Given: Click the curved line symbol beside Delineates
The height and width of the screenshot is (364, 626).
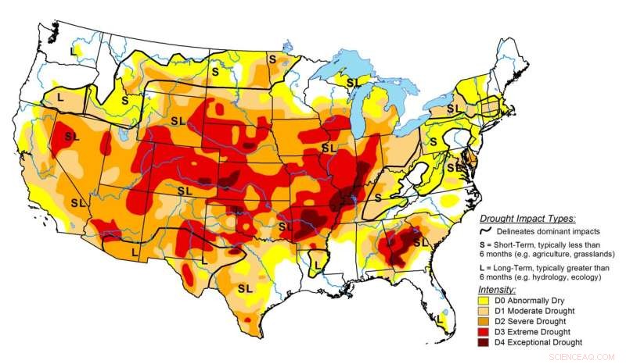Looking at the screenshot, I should [x=487, y=231].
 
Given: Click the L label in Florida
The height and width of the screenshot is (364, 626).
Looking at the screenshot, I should [x=441, y=319].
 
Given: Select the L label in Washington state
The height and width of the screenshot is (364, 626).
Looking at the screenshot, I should [x=74, y=51].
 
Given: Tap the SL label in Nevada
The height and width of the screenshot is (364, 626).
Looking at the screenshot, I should [x=72, y=136].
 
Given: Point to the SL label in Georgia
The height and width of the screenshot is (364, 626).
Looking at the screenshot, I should [x=420, y=243].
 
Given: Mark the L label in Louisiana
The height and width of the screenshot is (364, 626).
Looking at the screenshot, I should [x=318, y=265].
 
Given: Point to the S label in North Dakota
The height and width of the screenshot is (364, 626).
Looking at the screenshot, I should [x=215, y=70].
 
